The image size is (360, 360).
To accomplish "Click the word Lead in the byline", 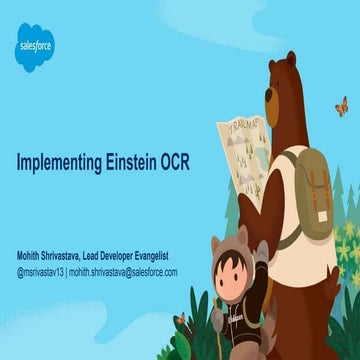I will click(x=112, y=255).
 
